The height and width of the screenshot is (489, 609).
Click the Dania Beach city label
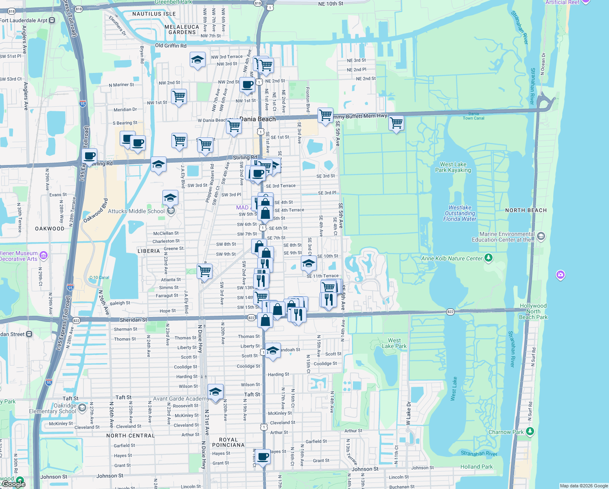(257, 119)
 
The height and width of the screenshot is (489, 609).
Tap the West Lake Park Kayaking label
(453, 167)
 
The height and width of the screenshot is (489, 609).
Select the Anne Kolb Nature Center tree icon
(489, 258)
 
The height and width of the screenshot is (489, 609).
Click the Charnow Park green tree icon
(530, 431)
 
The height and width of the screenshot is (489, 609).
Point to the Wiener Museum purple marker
(44, 256)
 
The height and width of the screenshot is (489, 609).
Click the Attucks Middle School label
(136, 211)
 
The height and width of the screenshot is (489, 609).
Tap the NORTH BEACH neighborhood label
(526, 210)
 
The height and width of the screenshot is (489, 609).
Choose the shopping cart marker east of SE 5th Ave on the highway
(396, 122)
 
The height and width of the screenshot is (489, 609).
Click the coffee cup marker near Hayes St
(263, 456)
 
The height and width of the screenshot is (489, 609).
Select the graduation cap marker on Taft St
(215, 392)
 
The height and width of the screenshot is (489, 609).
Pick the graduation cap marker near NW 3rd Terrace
(197, 60)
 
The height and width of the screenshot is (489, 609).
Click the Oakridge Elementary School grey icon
(82, 408)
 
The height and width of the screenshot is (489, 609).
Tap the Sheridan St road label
(133, 320)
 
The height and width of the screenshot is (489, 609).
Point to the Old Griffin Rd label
(171, 46)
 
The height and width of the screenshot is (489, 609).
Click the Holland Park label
(476, 467)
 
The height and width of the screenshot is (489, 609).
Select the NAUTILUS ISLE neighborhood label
(154, 14)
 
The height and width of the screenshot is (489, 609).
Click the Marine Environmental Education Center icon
(541, 236)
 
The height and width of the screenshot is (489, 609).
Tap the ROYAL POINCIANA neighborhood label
(228, 442)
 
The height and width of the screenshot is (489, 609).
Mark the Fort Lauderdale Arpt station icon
(52, 20)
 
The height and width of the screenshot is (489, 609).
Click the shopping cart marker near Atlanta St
(204, 271)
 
